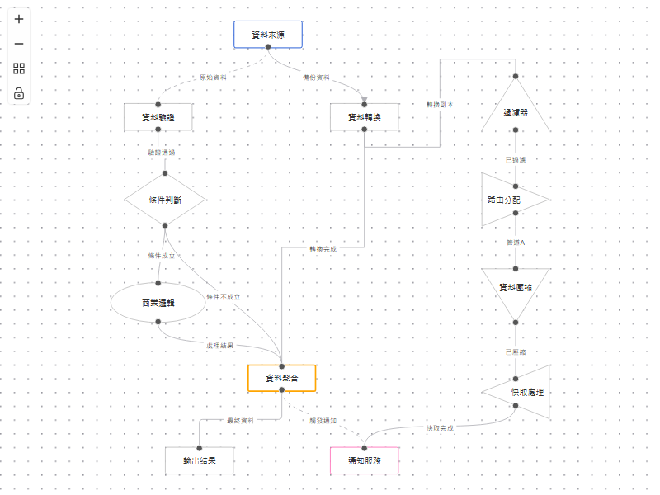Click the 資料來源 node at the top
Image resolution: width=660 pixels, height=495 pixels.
point(268,34)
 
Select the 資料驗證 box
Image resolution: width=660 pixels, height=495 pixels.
point(158,117)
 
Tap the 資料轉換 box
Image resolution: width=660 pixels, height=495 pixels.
point(365,117)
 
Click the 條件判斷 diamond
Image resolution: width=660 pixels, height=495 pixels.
point(165,199)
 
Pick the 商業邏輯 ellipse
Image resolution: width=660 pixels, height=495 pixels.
point(158,303)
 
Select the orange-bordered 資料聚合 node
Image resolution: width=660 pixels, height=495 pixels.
point(281,378)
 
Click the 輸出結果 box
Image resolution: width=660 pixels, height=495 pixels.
point(199,460)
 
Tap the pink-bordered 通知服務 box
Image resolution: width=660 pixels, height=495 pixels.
point(364,460)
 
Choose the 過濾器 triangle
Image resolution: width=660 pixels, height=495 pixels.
point(516,111)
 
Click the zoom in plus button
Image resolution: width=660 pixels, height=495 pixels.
point(19,19)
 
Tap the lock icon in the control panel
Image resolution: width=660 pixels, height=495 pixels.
point(19,93)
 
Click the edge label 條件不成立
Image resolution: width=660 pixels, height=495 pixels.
point(223,297)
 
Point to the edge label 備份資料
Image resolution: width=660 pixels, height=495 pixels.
point(316,78)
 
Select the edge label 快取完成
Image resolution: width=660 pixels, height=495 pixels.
point(440,428)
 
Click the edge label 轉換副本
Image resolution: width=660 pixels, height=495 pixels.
point(440,105)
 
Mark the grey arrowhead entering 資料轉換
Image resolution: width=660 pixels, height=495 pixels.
point(364,100)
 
